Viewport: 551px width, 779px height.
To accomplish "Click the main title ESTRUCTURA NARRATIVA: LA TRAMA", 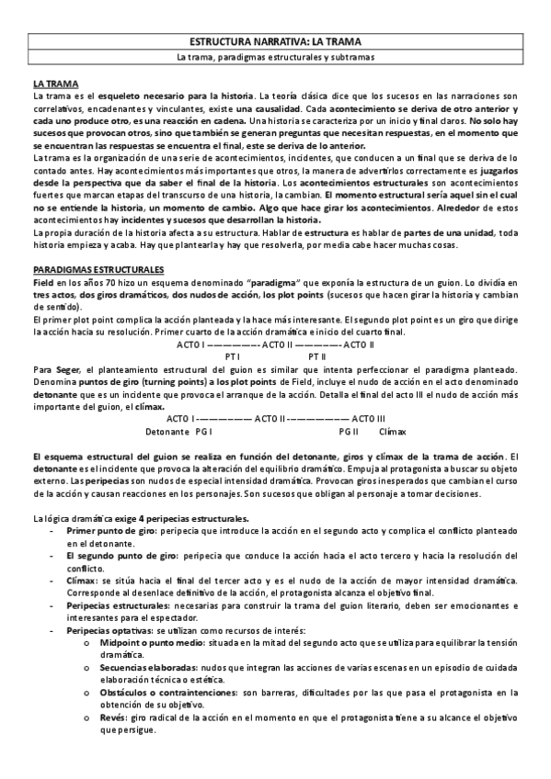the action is click(275, 42).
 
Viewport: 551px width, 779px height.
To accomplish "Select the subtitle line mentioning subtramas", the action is click(275, 57).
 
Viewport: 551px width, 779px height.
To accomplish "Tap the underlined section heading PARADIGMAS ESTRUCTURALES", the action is click(98, 267).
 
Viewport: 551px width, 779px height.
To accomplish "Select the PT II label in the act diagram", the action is click(317, 356).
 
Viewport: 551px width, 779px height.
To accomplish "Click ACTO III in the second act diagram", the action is click(368, 419).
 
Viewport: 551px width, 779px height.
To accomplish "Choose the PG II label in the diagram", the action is click(348, 431).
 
